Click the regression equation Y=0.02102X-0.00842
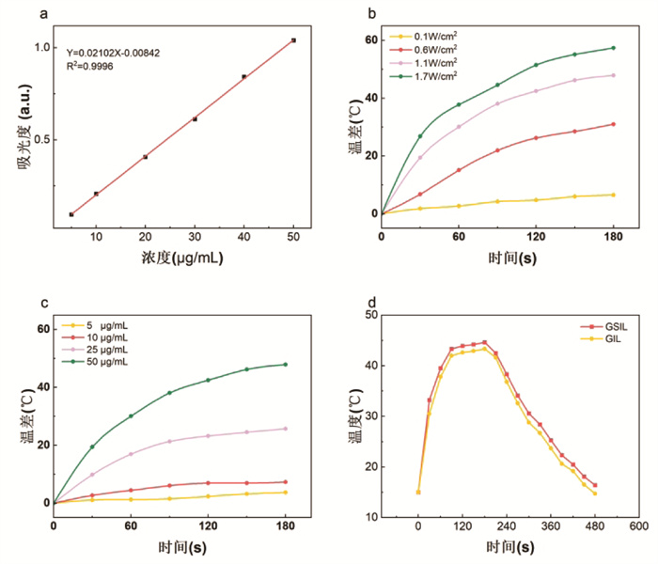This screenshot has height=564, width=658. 113,53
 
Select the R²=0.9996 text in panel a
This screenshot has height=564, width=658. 89,66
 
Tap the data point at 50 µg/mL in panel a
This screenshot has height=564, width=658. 293,40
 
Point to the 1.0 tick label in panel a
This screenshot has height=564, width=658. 42,47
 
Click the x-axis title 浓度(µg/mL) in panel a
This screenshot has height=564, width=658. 182,258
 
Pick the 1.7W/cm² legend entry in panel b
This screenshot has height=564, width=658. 423,76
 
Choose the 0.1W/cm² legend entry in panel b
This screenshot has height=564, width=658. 423,36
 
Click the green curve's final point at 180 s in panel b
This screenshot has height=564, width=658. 613,48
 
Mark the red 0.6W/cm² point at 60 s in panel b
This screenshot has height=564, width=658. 459,170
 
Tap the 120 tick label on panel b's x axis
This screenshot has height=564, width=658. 536,237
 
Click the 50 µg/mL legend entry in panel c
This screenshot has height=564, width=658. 95,361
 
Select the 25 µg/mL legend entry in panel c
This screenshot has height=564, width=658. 95,349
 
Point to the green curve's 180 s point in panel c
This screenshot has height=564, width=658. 286,365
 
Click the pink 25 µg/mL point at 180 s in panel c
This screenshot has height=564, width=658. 286,429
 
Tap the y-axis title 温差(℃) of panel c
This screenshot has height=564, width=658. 27,416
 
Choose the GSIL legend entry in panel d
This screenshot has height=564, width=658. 603,326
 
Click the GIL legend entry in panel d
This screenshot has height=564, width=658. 601,338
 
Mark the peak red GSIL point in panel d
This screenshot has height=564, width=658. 485,342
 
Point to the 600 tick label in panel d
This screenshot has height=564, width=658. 638,525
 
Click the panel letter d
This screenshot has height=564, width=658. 372,303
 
